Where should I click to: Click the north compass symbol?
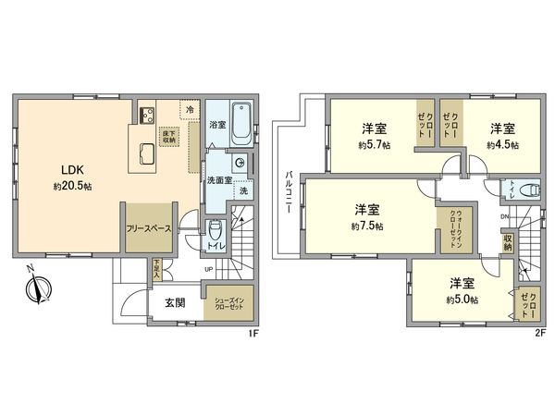tap(34, 288)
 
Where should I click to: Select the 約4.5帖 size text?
tap(503, 145)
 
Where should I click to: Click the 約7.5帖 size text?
tap(367, 225)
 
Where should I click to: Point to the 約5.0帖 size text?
tap(462, 299)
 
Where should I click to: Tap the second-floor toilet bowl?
tap(528, 191)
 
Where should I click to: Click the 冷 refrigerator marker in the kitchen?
tap(189, 108)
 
